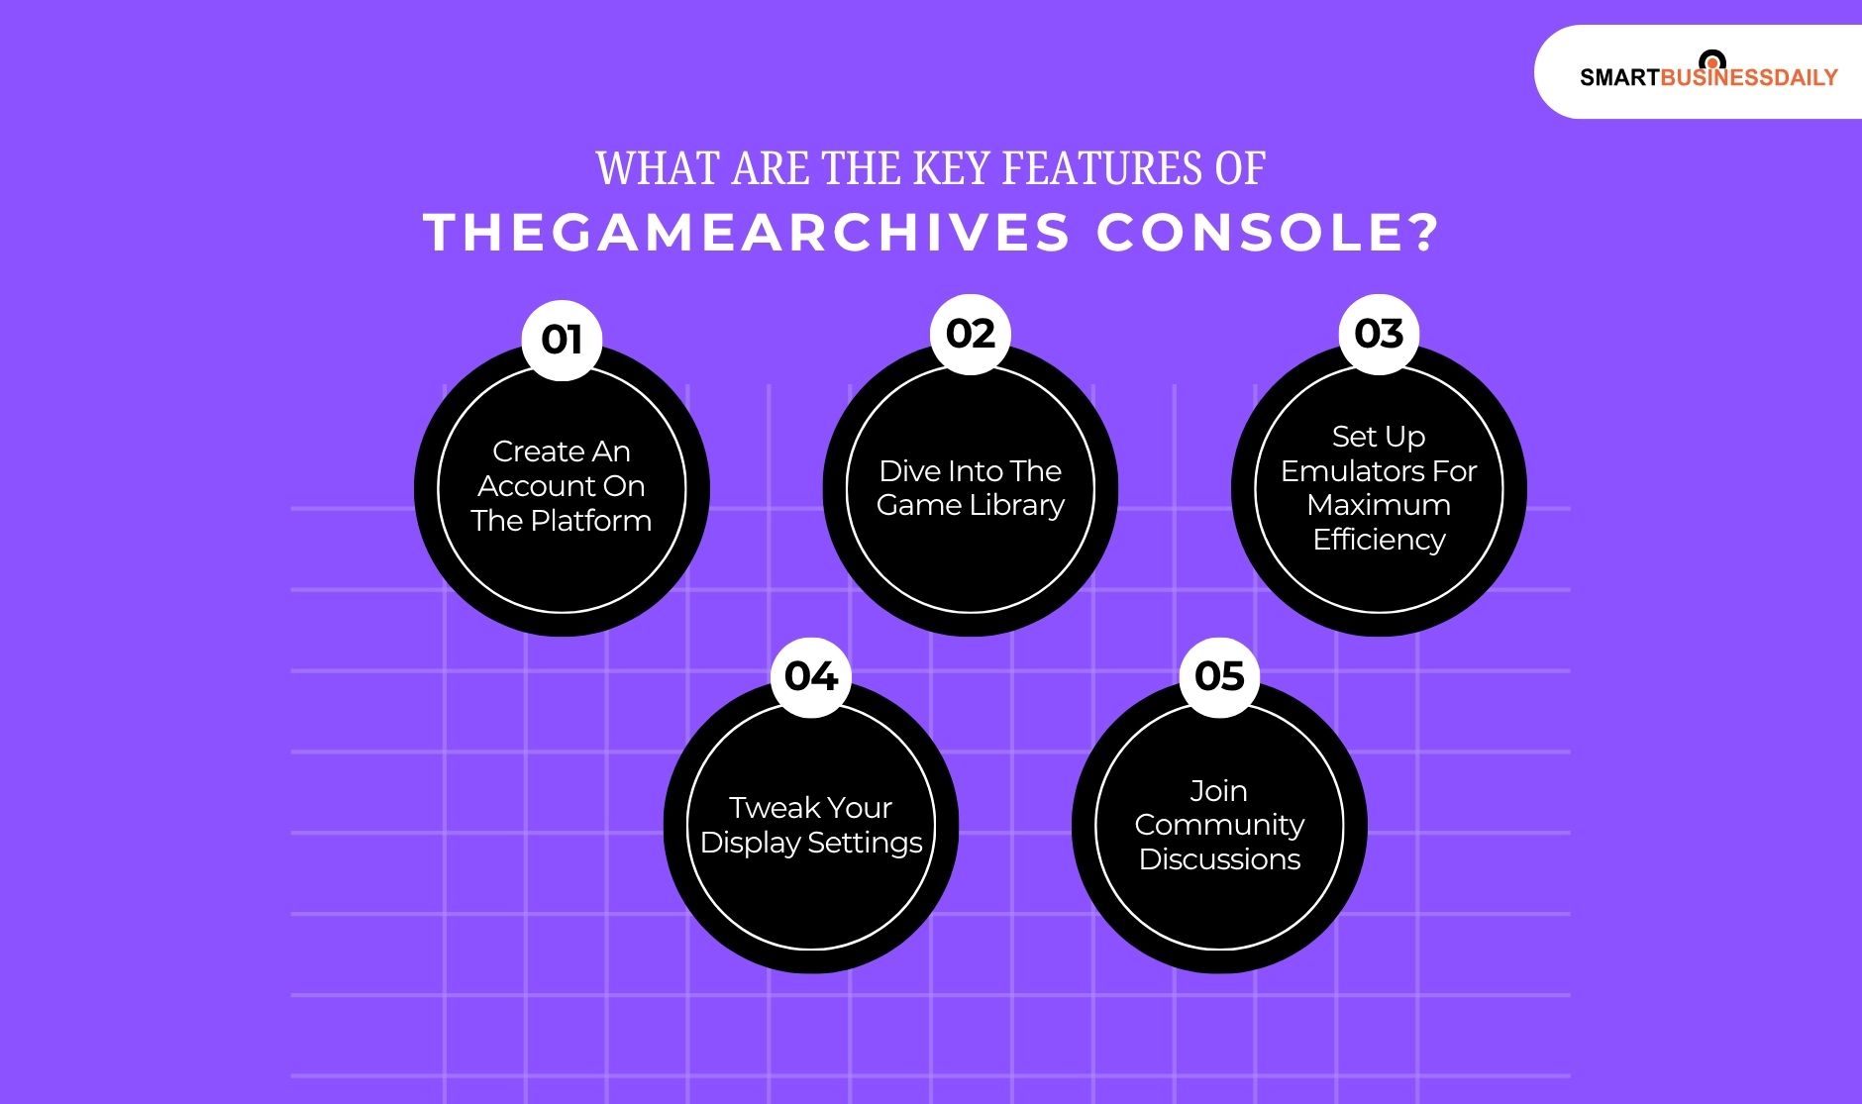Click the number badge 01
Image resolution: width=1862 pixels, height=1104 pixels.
click(562, 340)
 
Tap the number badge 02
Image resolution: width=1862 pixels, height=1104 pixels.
click(970, 334)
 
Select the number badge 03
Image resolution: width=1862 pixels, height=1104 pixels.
click(1379, 334)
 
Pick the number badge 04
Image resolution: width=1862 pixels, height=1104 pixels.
click(810, 676)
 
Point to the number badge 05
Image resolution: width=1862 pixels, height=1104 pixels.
click(1219, 676)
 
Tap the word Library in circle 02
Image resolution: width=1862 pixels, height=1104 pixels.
click(1017, 505)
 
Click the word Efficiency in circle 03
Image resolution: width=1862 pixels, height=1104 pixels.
click(1379, 540)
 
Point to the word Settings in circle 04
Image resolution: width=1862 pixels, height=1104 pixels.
click(865, 843)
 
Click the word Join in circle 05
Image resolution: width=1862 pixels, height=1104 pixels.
click(1218, 791)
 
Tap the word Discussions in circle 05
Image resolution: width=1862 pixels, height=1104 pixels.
click(1219, 859)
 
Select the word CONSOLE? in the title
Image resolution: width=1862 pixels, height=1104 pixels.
click(1267, 234)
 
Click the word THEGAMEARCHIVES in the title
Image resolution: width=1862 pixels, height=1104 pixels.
click(748, 234)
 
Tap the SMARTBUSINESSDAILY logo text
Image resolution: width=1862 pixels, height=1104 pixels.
click(1708, 77)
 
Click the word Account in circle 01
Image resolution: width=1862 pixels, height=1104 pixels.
click(534, 486)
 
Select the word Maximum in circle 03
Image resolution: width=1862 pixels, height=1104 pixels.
click(1379, 505)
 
